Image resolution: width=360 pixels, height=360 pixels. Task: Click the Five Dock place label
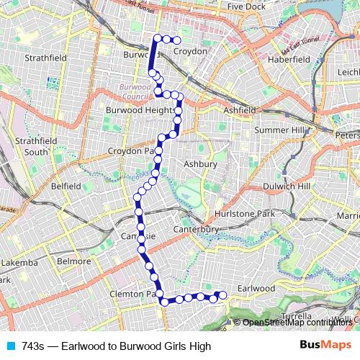pos(246,6)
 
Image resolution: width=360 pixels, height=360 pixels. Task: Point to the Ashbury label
pos(200,164)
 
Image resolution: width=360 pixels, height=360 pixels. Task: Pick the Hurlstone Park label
pos(246,214)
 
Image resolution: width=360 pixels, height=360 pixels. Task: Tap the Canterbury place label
pos(197,229)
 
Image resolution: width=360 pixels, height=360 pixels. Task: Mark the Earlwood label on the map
pos(256,288)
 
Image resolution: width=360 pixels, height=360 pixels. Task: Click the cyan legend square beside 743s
pos(10,346)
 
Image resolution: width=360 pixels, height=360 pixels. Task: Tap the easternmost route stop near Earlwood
pos(222,294)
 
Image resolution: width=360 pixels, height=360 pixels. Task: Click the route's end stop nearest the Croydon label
pos(176,40)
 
